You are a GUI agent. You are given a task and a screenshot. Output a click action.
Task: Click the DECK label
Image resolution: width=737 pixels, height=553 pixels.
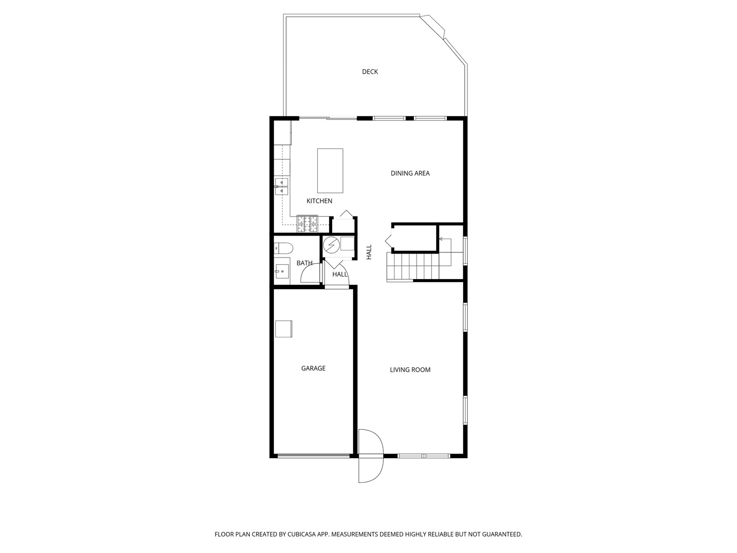coord(370,72)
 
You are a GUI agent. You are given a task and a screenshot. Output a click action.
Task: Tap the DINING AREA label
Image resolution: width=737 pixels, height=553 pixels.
coord(410,173)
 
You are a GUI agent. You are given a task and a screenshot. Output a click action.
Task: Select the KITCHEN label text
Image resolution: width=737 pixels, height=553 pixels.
coord(319,201)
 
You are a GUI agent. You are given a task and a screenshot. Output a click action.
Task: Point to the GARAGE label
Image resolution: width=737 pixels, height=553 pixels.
coord(313,368)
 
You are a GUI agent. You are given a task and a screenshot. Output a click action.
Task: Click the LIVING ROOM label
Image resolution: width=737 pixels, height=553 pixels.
coord(410,370)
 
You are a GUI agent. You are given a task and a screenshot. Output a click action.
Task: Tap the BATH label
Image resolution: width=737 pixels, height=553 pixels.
coord(305,263)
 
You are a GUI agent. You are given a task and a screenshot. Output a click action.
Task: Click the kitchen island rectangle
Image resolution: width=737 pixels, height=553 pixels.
coord(330,171)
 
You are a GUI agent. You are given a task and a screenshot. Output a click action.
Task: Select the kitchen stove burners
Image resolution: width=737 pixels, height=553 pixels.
coord(307,224)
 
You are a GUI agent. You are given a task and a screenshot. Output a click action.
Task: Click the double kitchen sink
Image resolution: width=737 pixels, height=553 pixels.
coord(281,187)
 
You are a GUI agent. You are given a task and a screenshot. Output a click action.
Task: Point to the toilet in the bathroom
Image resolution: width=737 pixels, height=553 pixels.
coord(284,248)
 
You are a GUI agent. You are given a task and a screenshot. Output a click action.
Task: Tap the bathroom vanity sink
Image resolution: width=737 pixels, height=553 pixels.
coord(282,270)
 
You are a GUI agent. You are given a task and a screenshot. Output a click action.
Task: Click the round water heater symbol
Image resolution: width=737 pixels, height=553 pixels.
coord(332,245)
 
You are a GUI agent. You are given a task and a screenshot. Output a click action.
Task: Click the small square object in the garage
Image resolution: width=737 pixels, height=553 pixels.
coord(284,329)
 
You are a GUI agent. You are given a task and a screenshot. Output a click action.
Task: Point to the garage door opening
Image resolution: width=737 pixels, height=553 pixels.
coord(314,456)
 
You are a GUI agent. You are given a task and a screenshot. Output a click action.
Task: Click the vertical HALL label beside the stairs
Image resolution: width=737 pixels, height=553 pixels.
coord(369,252)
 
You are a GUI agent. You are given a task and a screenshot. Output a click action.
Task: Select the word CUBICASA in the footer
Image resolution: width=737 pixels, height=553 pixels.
coord(302,534)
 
